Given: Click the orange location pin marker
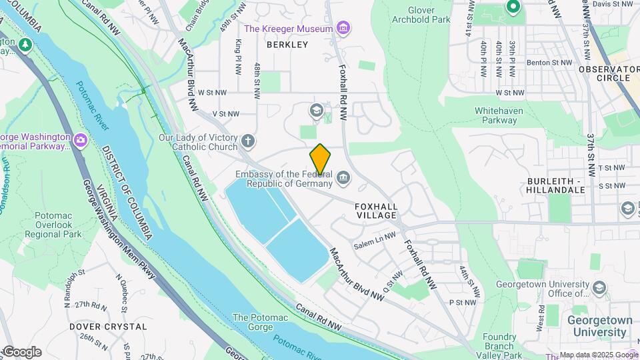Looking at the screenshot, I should click(x=320, y=159).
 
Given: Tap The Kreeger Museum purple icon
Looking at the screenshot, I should click(x=343, y=28).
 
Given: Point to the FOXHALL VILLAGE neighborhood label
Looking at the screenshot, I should click(x=376, y=211).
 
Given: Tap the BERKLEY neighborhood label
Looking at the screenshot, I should click(x=287, y=45).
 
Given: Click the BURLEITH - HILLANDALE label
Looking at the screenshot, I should click(x=555, y=185).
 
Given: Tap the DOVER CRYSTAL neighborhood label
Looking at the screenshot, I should click(x=108, y=327).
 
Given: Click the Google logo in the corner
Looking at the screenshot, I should click(x=21, y=352).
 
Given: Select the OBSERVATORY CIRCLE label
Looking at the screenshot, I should click(x=609, y=73).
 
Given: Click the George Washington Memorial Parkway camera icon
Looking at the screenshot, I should click(x=81, y=141).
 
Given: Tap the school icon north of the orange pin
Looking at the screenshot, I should click(x=317, y=109).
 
